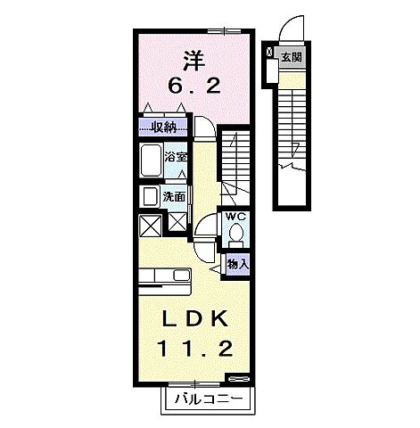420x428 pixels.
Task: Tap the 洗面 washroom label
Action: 174,196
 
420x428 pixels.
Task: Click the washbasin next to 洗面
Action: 149,197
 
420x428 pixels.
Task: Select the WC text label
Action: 235,217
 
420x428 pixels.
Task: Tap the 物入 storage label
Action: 237,264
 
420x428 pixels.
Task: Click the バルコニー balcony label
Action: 204,398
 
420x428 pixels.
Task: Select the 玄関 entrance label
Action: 290,57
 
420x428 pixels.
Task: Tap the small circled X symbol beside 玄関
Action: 270,54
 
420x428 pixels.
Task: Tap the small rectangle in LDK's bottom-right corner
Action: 236,378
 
